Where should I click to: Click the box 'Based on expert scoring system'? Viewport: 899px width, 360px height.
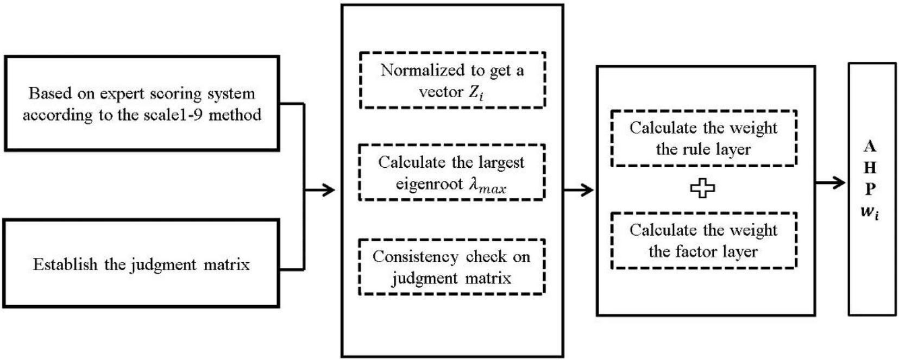click(x=141, y=103)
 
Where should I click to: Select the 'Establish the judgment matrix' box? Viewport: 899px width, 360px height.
click(x=141, y=264)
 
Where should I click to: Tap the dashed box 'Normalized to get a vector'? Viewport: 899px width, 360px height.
click(x=452, y=80)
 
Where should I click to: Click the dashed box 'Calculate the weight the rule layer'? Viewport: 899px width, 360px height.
click(x=703, y=138)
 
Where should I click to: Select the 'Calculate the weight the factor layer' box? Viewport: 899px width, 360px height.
click(x=703, y=241)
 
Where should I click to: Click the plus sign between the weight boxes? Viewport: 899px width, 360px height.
click(x=702, y=188)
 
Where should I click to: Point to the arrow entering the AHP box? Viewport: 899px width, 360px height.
click(x=831, y=182)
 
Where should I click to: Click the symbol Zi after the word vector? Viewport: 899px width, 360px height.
click(x=476, y=93)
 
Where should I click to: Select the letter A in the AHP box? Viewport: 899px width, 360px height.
click(x=870, y=146)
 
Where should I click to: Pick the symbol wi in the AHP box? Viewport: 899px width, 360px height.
click(x=870, y=212)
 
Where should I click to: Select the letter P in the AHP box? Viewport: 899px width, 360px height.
click(x=870, y=189)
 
